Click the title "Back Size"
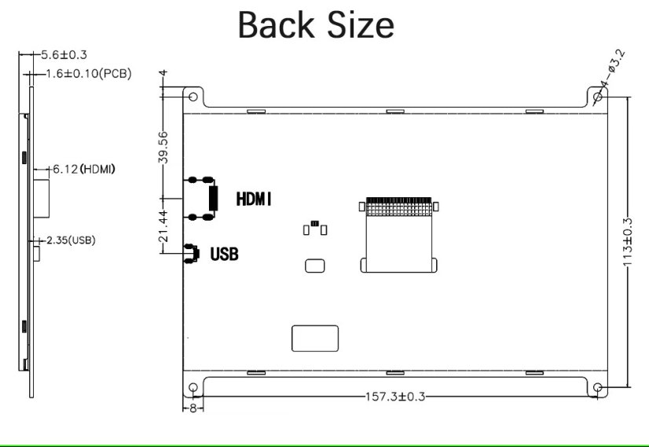pyautogui.click(x=315, y=25)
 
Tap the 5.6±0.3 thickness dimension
pyautogui.click(x=64, y=55)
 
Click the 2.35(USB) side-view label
pyautogui.click(x=71, y=240)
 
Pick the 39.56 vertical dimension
pyautogui.click(x=163, y=146)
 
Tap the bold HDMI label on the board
pyautogui.click(x=255, y=200)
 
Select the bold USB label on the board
pyautogui.click(x=224, y=254)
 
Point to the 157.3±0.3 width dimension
pyautogui.click(x=395, y=397)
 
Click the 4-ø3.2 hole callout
pyautogui.click(x=612, y=68)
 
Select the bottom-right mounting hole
pyautogui.click(x=598, y=388)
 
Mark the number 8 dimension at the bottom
pyautogui.click(x=192, y=409)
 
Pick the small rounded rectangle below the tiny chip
pyautogui.click(x=314, y=265)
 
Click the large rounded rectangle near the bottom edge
pyautogui.click(x=315, y=338)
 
